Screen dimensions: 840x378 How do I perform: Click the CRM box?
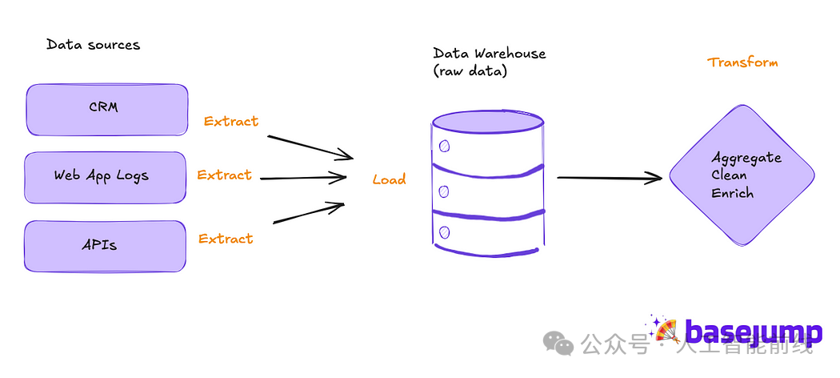[107, 110]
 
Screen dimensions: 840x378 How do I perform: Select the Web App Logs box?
[105, 178]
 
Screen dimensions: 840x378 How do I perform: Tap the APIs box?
[105, 246]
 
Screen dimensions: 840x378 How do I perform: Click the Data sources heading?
[94, 45]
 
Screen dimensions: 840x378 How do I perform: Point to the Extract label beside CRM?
[231, 122]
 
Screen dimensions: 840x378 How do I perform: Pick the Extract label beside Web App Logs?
[225, 175]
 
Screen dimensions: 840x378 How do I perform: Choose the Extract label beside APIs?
[226, 239]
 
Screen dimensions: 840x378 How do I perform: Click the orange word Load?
[390, 179]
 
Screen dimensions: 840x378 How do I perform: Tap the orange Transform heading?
[742, 62]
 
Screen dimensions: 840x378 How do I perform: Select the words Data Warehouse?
[489, 54]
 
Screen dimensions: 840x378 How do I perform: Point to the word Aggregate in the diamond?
[746, 159]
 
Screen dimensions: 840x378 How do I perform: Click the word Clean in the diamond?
[729, 175]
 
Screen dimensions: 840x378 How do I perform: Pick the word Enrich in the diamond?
[732, 193]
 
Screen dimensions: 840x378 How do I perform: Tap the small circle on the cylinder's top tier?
[444, 146]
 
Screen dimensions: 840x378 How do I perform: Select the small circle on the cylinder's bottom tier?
[444, 233]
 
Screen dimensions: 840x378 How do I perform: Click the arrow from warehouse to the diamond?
[610, 178]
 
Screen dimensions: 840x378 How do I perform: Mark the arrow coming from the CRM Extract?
[310, 147]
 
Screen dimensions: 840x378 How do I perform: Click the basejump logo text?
[754, 332]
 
